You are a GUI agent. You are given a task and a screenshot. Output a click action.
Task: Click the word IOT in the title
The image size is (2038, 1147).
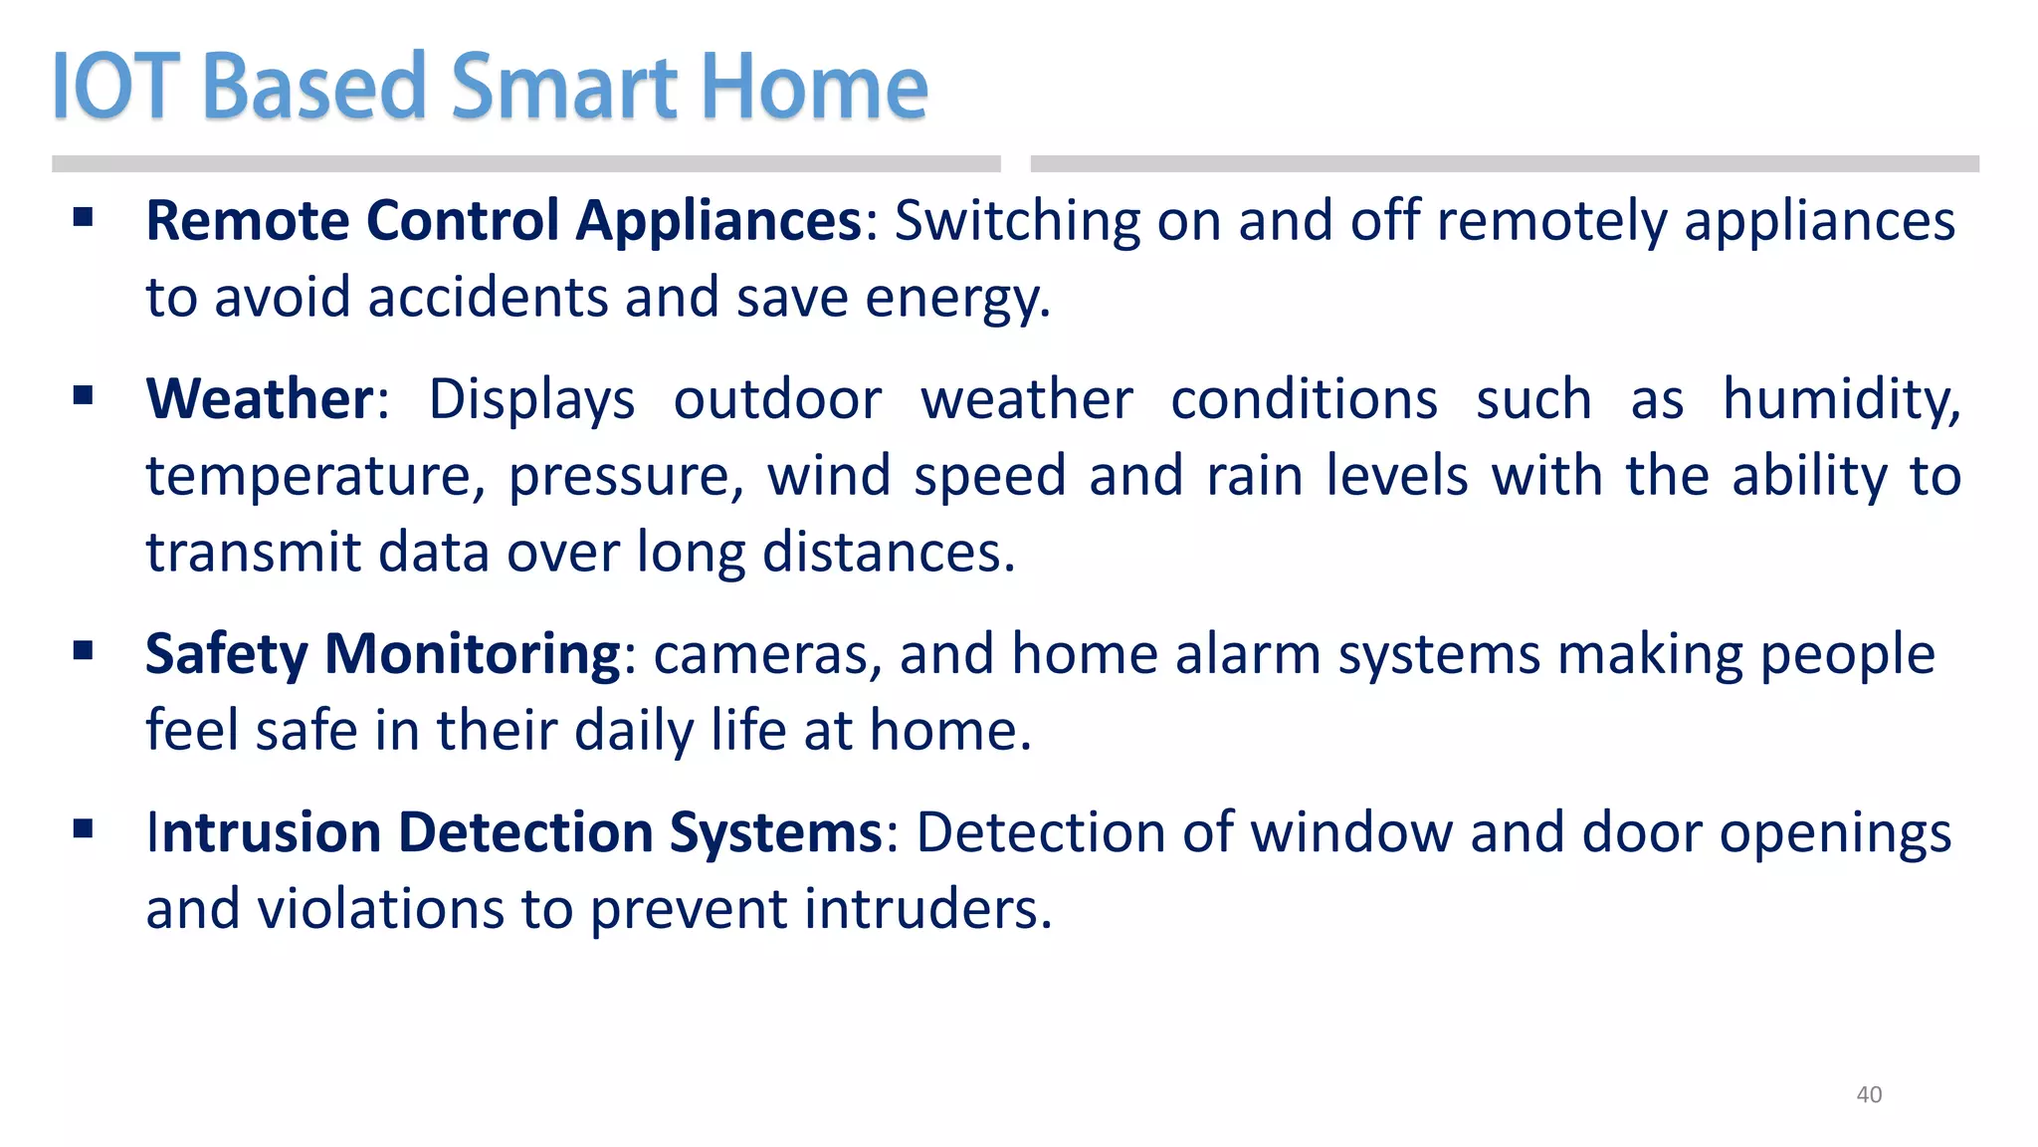[x=115, y=87]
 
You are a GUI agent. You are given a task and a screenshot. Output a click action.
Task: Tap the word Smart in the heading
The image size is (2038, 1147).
[x=564, y=87]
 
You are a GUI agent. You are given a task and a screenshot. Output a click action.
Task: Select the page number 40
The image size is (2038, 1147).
[x=1869, y=1094]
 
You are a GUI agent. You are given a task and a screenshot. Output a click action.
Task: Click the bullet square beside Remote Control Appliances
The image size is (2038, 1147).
[x=83, y=217]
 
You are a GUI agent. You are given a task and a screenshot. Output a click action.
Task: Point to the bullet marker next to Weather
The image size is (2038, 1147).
[x=83, y=396]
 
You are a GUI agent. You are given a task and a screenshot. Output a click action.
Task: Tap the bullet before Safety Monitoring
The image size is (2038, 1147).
[x=83, y=651]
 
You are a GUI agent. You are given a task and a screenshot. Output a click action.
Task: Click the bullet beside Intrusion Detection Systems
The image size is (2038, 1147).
[x=83, y=828]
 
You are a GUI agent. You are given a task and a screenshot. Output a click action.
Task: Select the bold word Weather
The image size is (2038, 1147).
[x=259, y=399]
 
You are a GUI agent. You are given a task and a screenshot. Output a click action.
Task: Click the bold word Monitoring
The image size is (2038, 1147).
[x=473, y=654]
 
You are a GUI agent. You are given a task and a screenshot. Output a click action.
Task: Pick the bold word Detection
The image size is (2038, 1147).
[x=525, y=832]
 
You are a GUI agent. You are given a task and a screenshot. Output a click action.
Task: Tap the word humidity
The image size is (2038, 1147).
[x=1841, y=399]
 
